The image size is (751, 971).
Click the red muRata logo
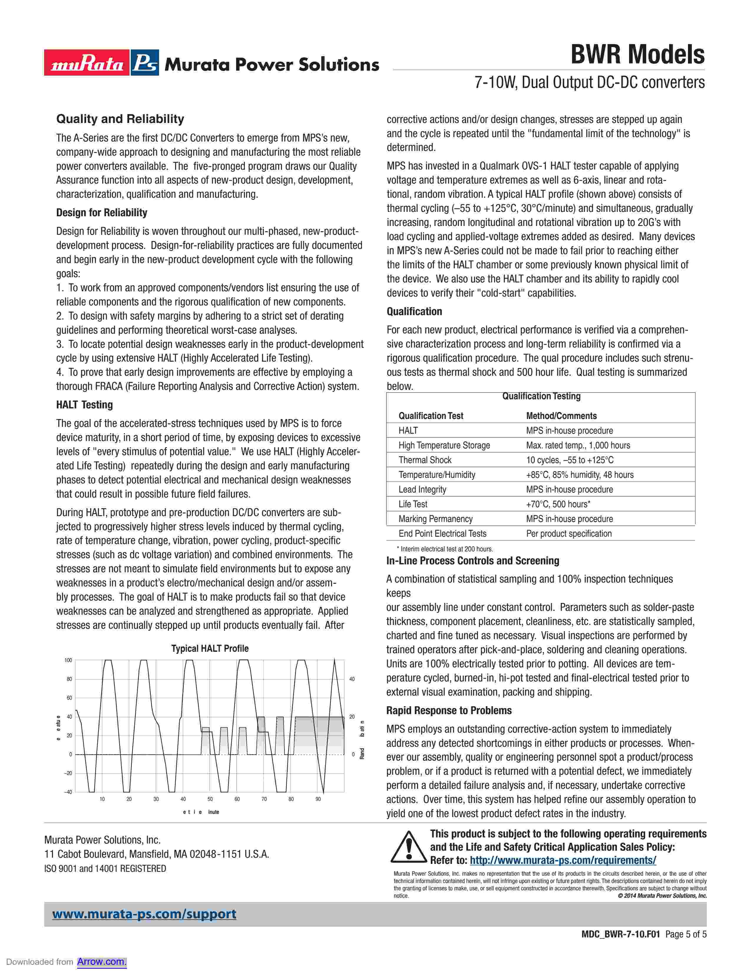(x=87, y=63)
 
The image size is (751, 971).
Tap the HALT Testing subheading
(x=84, y=405)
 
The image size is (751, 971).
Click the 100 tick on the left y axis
(x=68, y=660)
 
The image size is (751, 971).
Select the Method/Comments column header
(x=561, y=416)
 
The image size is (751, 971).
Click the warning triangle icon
(x=408, y=847)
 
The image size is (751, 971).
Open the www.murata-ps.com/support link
(x=144, y=914)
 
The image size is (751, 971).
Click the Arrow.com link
(x=101, y=962)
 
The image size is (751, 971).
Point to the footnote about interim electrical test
(x=445, y=549)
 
